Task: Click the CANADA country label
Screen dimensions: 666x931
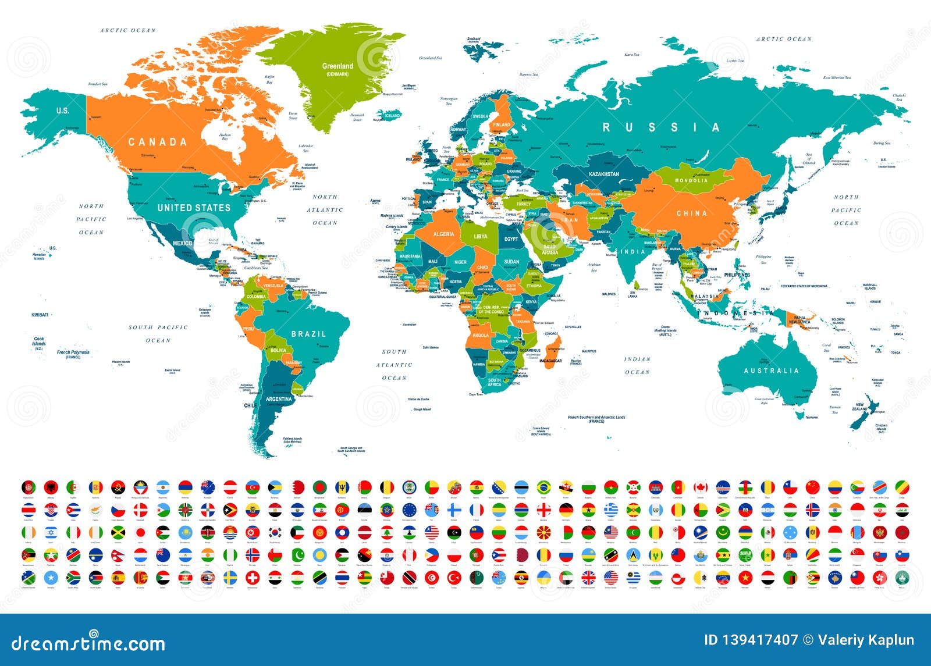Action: [x=157, y=142]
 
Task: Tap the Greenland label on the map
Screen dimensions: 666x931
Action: [x=337, y=66]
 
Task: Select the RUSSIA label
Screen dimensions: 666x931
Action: [x=660, y=127]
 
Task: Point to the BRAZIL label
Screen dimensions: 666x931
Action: [x=308, y=334]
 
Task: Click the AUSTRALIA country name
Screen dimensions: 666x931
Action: [x=772, y=371]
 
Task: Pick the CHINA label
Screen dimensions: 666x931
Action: [x=692, y=213]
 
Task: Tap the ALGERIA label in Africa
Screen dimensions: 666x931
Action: [x=443, y=234]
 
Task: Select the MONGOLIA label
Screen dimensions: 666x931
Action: [x=691, y=180]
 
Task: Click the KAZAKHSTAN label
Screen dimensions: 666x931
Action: [x=603, y=174]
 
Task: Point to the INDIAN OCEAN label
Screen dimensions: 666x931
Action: [x=637, y=365]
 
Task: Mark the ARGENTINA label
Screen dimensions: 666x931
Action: [x=279, y=400]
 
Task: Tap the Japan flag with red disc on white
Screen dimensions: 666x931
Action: [x=140, y=532]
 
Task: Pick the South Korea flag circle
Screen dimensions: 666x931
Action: [x=275, y=532]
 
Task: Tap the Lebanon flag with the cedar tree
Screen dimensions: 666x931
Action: [x=386, y=532]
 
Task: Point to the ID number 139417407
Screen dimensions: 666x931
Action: [x=751, y=640]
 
